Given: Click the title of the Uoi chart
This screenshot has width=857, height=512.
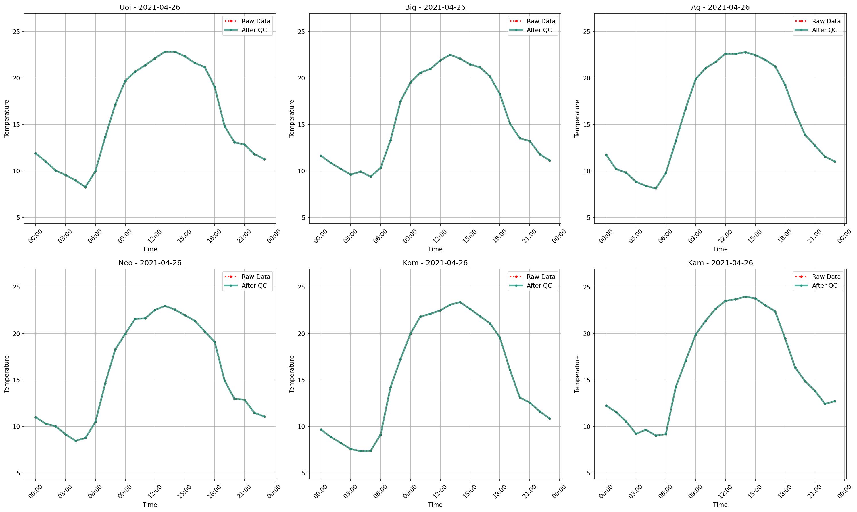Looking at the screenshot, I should pyautogui.click(x=150, y=7).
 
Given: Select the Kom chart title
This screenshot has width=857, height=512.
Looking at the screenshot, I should pyautogui.click(x=435, y=263).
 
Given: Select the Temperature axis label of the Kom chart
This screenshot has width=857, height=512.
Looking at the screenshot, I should pyautogui.click(x=292, y=374).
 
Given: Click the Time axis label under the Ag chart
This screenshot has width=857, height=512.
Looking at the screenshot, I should pyautogui.click(x=720, y=249).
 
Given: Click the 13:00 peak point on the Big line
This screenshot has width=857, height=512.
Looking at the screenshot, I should pyautogui.click(x=450, y=55).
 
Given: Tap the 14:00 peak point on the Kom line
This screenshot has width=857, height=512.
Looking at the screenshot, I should pyautogui.click(x=460, y=302).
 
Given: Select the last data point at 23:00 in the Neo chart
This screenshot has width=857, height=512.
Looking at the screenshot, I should pyautogui.click(x=264, y=417).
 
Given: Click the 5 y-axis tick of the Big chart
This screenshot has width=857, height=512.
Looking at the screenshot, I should pyautogui.click(x=303, y=218).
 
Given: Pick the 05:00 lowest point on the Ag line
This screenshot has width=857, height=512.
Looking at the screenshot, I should pyautogui.click(x=656, y=188).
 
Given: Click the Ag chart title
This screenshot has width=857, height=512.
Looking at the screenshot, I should pyautogui.click(x=720, y=7).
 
